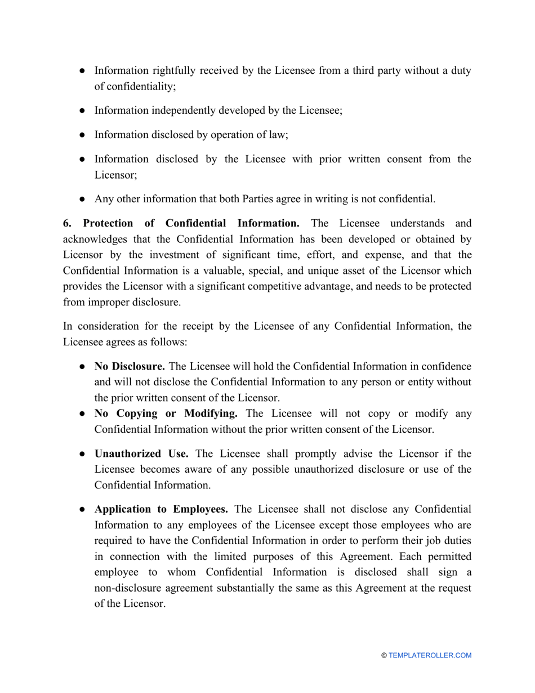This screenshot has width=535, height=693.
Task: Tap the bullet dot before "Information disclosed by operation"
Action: (82, 135)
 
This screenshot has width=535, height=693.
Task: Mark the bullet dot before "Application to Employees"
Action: (82, 509)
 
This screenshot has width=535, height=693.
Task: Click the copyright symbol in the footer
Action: (384, 655)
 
